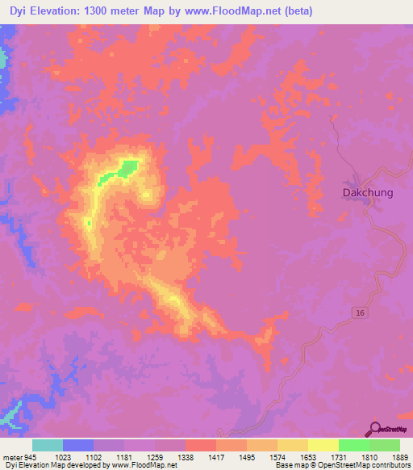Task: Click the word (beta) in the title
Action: (295, 10)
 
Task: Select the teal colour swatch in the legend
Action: (48, 444)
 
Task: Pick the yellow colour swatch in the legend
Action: (323, 444)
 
